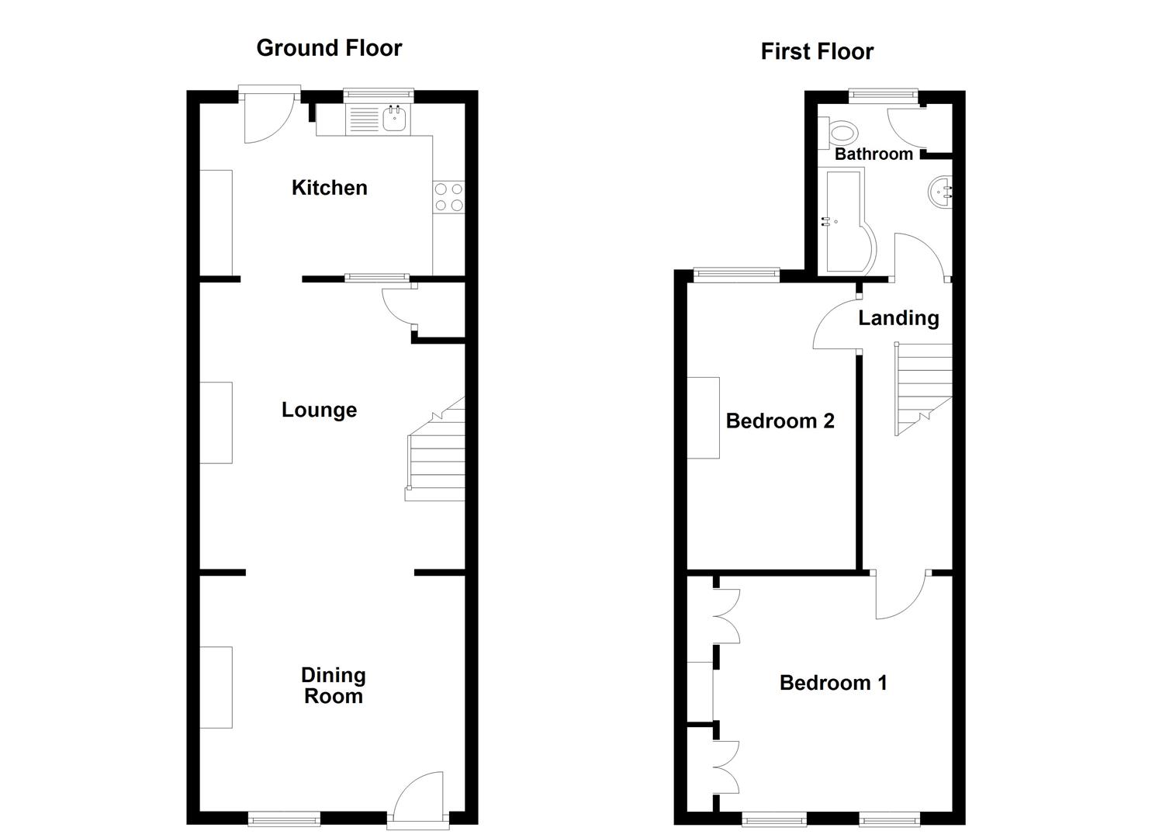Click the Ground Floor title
[x=329, y=48]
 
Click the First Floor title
[x=817, y=52]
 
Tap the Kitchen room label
[x=329, y=188]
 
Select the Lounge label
[x=319, y=410]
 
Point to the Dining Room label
[x=333, y=685]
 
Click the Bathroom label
[x=874, y=154]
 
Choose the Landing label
[x=898, y=318]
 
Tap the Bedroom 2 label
[x=780, y=421]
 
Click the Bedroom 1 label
[x=833, y=683]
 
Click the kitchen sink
[x=394, y=119]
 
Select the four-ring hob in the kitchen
[x=448, y=196]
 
